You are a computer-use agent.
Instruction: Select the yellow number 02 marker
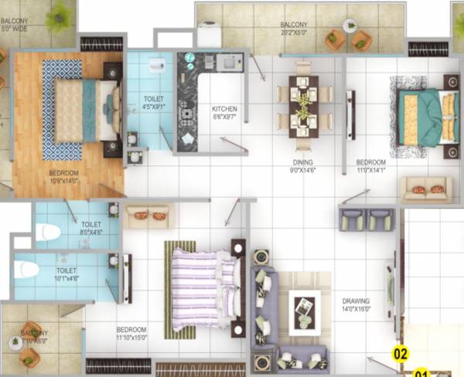tap(400, 355)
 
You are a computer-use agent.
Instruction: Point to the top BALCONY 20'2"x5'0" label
tap(299, 29)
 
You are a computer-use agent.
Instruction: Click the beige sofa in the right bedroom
tap(425, 188)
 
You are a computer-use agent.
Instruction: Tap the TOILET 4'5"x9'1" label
tap(153, 102)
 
